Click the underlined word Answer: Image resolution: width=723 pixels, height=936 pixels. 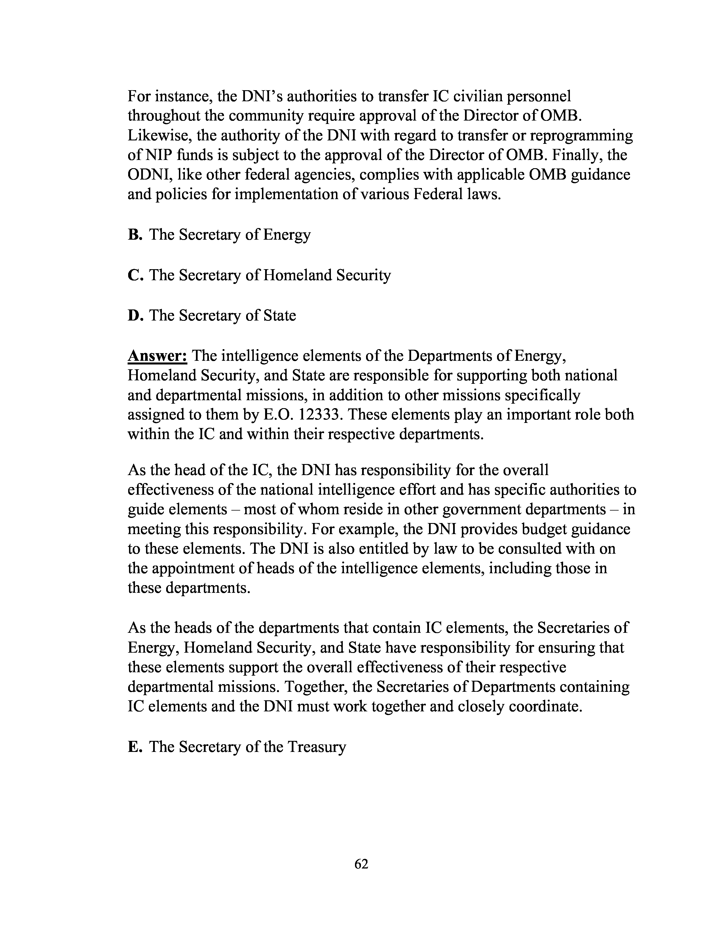point(157,356)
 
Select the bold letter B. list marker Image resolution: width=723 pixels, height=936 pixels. point(134,235)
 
